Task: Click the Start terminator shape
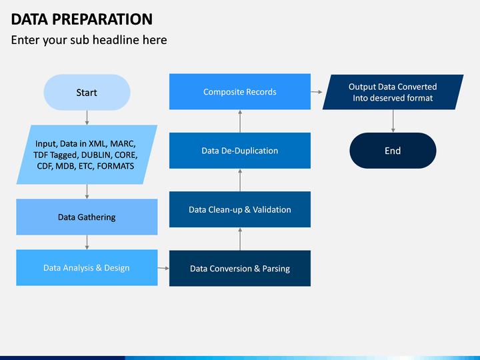[87, 92]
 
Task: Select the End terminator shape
[393, 151]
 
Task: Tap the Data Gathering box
[87, 217]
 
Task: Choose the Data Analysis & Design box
[87, 268]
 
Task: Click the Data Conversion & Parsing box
[240, 269]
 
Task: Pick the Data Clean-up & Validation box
[240, 209]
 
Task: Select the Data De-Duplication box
[240, 151]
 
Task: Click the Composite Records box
[240, 91]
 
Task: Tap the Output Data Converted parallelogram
[393, 92]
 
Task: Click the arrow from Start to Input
[87, 117]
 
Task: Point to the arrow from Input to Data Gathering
[87, 191]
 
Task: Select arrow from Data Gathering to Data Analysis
[87, 243]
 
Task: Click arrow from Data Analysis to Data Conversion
[163, 268]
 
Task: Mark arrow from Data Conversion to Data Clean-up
[240, 239]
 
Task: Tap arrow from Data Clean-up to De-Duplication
[240, 180]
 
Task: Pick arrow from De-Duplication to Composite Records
[240, 121]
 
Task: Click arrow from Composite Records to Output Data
[317, 92]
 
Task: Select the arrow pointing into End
[393, 121]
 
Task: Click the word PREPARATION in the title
[102, 19]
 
